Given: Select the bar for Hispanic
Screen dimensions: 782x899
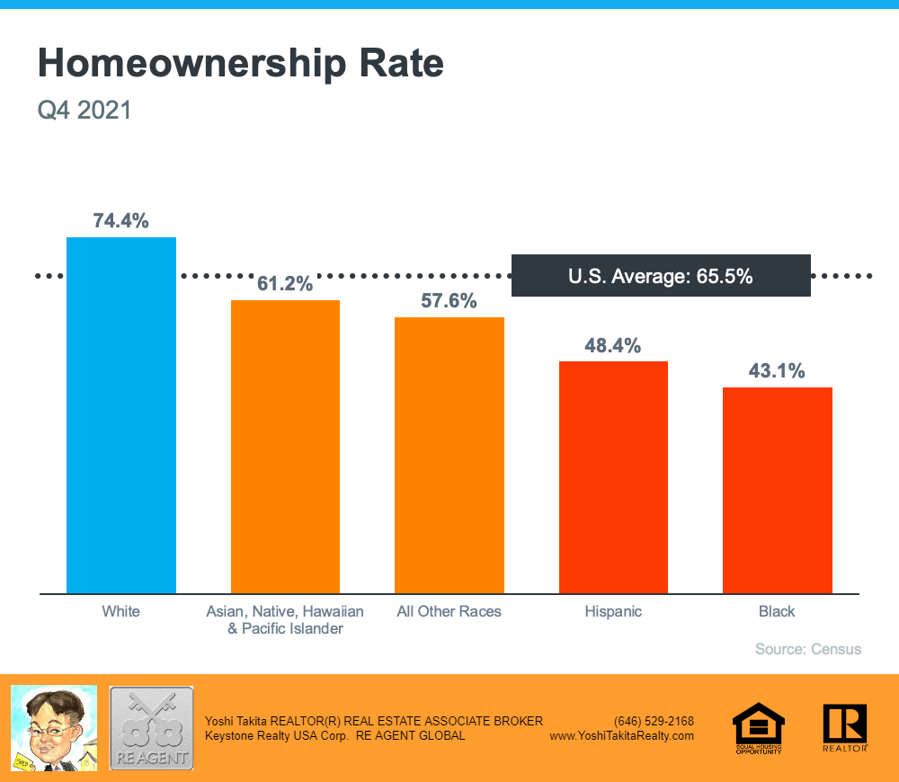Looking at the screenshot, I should (613, 477).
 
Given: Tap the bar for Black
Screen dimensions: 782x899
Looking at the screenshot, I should (777, 490).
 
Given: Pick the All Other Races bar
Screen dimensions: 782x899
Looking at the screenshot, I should (449, 455).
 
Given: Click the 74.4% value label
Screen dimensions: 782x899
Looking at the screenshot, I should (121, 221).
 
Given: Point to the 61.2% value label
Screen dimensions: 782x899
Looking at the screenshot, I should (285, 284).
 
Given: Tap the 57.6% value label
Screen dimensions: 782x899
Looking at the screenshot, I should (449, 301).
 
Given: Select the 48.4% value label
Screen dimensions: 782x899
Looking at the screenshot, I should (613, 345).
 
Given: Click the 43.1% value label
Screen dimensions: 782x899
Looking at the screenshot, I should (777, 371).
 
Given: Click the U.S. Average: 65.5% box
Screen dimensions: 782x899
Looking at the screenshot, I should (661, 276).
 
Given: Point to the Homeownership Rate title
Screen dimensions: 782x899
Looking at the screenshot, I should (241, 65).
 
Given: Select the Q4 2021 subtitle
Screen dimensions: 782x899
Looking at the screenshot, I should (85, 111).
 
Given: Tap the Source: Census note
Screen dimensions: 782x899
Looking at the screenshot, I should (808, 649).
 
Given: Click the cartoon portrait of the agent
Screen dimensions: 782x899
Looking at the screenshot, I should (53, 727).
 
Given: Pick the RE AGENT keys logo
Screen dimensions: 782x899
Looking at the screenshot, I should (151, 728).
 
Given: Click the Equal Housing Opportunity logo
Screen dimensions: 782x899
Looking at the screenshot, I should (759, 727).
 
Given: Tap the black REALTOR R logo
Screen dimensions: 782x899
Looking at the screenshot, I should (844, 727).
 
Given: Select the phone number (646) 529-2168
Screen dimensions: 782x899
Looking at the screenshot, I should (654, 721).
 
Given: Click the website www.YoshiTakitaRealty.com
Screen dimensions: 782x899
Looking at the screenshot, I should (621, 735).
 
